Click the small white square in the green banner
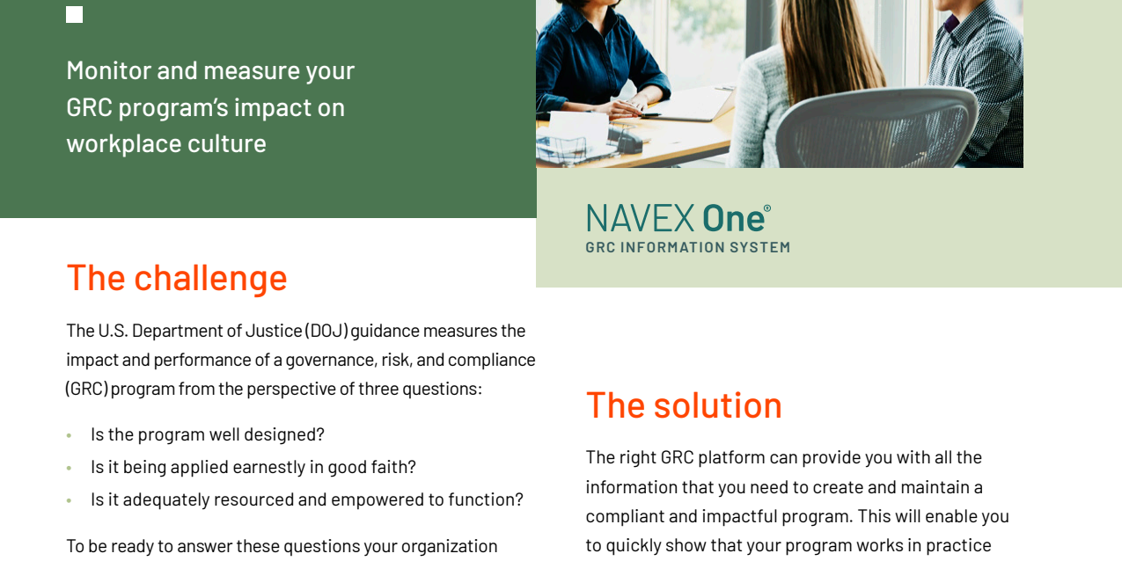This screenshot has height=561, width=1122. (74, 15)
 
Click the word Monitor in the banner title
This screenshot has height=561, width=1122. (109, 70)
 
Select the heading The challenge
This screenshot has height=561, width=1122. (177, 278)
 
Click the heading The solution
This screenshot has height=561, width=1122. (684, 404)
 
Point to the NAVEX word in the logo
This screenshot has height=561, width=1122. (640, 219)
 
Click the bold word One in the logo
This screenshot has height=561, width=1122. (733, 219)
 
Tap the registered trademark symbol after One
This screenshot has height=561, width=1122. (766, 208)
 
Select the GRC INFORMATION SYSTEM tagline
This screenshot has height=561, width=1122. (688, 247)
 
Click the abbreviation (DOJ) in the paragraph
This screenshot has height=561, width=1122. (326, 331)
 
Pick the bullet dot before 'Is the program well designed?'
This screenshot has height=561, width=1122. (70, 436)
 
